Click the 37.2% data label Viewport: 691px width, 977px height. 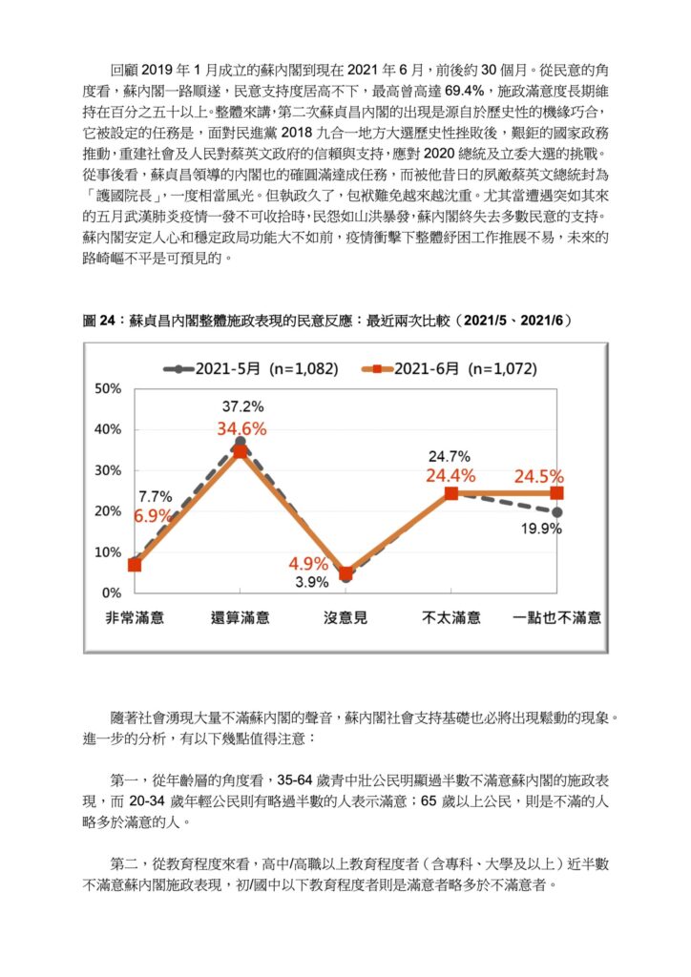click(x=243, y=406)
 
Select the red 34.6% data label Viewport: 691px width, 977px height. click(x=241, y=428)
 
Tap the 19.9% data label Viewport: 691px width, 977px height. click(x=541, y=529)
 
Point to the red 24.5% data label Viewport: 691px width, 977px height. click(x=539, y=477)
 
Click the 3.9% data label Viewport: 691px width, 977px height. click(x=312, y=582)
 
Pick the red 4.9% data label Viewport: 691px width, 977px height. click(x=308, y=564)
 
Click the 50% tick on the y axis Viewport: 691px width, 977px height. click(x=108, y=389)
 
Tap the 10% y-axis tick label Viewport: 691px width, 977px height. click(x=108, y=552)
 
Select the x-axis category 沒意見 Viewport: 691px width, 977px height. click(x=345, y=618)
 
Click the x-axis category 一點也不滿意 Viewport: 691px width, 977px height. click(x=556, y=618)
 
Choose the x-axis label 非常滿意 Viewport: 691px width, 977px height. click(x=135, y=618)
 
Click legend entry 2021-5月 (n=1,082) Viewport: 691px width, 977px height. click(x=251, y=369)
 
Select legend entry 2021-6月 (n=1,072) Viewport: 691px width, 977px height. click(x=450, y=369)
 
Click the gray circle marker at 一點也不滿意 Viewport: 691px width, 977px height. click(x=557, y=512)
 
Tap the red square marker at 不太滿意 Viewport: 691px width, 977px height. click(x=451, y=493)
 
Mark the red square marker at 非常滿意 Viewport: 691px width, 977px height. click(x=135, y=565)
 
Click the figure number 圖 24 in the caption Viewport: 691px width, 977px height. click(x=98, y=321)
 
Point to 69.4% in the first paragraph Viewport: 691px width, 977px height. click(x=464, y=91)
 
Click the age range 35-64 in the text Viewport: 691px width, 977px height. click(x=295, y=780)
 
